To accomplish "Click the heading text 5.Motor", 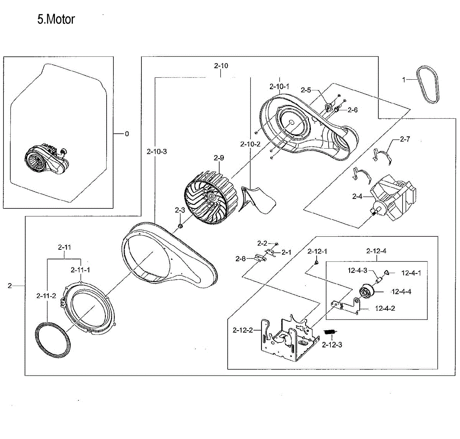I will pyautogui.click(x=56, y=19).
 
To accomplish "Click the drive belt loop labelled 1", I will pyautogui.click(x=428, y=85).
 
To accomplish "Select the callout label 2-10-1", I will pyautogui.click(x=279, y=87).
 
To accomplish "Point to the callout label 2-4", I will pyautogui.click(x=357, y=197).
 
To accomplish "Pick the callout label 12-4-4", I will pyautogui.click(x=401, y=292).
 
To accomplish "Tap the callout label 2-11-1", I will pyautogui.click(x=80, y=270).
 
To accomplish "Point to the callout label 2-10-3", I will pyautogui.click(x=157, y=152).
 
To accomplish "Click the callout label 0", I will pyautogui.click(x=127, y=134).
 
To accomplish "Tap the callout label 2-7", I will pyautogui.click(x=405, y=139).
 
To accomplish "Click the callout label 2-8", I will pyautogui.click(x=240, y=259).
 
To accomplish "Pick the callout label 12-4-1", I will pyautogui.click(x=411, y=273).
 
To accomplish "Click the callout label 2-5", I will pyautogui.click(x=306, y=90).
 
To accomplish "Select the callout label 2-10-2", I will pyautogui.click(x=250, y=144).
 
